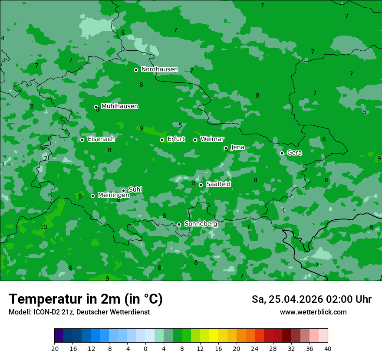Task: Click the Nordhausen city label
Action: [x=159, y=69]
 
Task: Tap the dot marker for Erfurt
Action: [x=162, y=140]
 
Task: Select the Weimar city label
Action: [x=212, y=139]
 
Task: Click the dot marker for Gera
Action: [x=282, y=153]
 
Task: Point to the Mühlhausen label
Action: [x=119, y=106]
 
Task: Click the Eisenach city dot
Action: [x=82, y=140]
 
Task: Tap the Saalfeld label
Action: [x=218, y=184]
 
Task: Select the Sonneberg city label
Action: [x=201, y=224]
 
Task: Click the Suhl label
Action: [x=135, y=190]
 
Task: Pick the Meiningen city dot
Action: [x=92, y=196]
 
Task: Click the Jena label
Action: [x=237, y=147]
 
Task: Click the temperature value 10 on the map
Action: [x=43, y=227]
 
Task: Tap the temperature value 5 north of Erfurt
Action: [x=180, y=126]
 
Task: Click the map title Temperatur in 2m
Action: [x=86, y=299]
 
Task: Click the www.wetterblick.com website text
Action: [x=313, y=312]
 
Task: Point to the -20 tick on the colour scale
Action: [x=54, y=348]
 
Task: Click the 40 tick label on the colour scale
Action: [x=327, y=348]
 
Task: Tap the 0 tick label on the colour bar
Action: [x=145, y=348]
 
